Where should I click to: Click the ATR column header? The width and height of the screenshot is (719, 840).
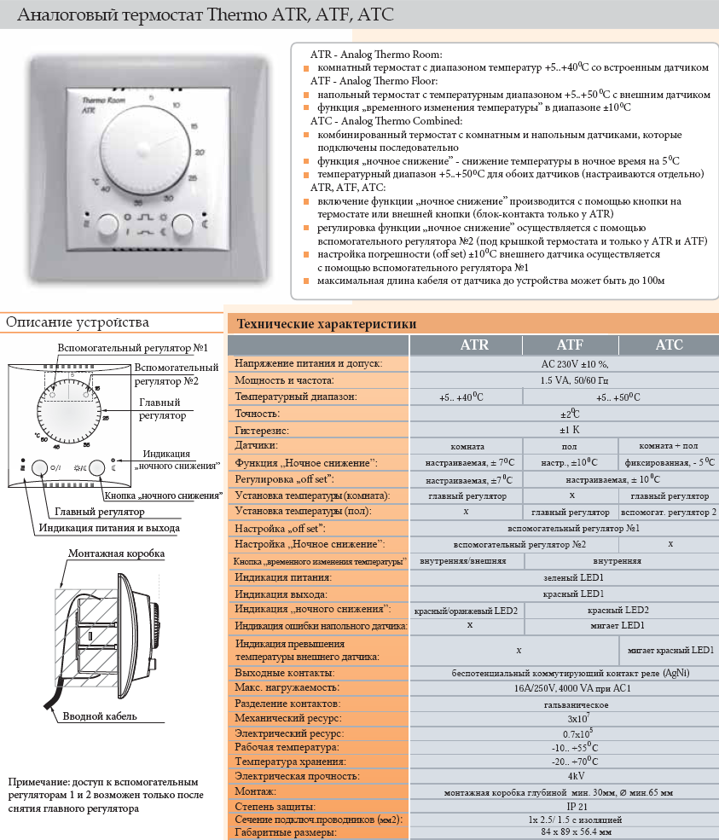[x=474, y=345]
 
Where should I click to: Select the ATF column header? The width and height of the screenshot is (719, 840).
[x=570, y=345]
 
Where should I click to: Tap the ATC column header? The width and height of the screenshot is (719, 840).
[x=669, y=345]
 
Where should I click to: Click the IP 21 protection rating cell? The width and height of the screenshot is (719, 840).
[x=563, y=806]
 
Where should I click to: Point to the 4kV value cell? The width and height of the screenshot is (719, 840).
[x=563, y=776]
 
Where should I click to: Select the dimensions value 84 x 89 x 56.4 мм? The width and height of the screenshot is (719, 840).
[x=563, y=832]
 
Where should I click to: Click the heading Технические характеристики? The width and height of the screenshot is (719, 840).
[x=327, y=324]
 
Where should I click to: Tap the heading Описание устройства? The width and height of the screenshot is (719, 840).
[x=78, y=322]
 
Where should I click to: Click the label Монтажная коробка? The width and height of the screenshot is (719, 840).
[x=117, y=553]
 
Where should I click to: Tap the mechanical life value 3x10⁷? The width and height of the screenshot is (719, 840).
[x=563, y=718]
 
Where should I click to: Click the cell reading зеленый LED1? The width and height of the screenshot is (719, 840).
[x=563, y=577]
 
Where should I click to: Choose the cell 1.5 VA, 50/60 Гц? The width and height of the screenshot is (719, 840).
[x=563, y=380]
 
